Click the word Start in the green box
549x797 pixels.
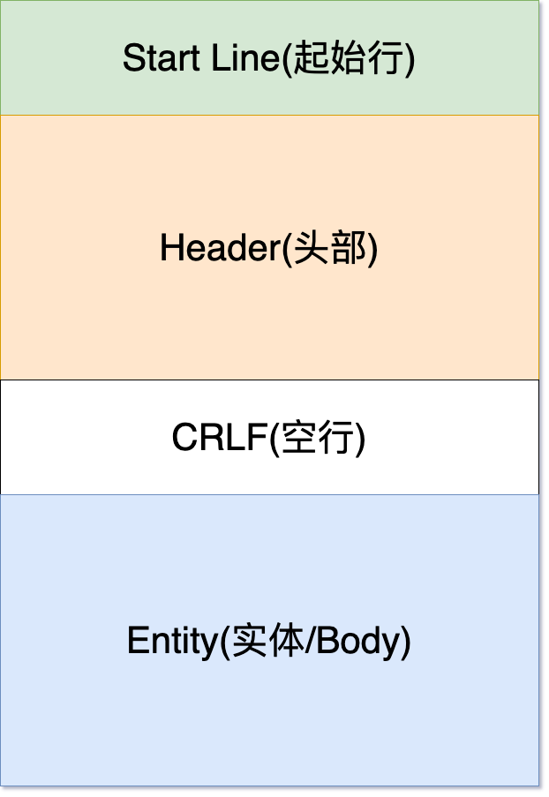click(x=162, y=57)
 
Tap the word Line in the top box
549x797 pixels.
click(x=245, y=57)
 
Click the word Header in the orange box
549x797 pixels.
click(x=220, y=247)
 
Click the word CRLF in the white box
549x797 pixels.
click(x=220, y=437)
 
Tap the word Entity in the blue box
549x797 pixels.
click(x=172, y=641)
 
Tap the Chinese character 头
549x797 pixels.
click(x=312, y=247)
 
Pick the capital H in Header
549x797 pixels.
click(x=171, y=247)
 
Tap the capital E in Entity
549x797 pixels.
click(x=138, y=641)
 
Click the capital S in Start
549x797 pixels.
click(x=133, y=57)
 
